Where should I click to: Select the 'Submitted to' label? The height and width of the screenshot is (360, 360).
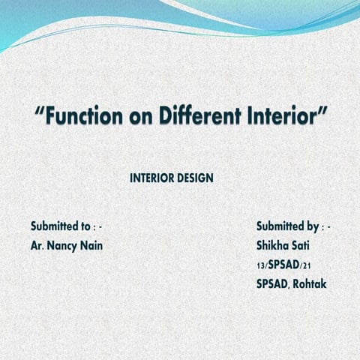tap(61, 226)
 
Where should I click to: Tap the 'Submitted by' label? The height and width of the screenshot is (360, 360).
tap(287, 226)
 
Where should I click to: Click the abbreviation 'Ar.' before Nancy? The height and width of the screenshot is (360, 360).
tap(37, 246)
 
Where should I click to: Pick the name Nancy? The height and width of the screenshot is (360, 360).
tap(63, 246)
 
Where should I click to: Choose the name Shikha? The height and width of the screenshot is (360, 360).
tap(273, 245)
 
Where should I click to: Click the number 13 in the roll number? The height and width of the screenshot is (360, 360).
tap(260, 266)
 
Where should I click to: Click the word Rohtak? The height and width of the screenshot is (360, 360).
tap(310, 284)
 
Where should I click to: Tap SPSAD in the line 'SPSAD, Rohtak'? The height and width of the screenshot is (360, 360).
tap(272, 284)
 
